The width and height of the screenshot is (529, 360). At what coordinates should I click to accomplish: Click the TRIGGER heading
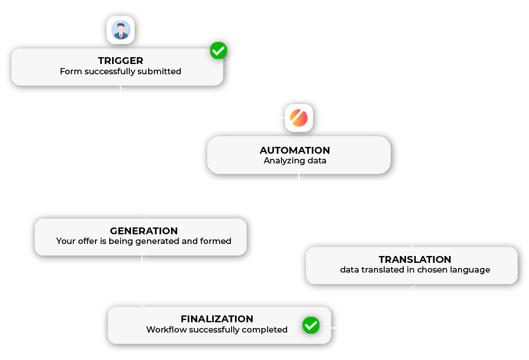click(121, 61)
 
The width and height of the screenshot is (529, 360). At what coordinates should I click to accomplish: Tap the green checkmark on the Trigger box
click(218, 50)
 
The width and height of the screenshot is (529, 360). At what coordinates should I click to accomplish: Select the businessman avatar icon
click(121, 30)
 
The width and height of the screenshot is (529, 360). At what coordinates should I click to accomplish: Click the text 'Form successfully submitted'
click(121, 71)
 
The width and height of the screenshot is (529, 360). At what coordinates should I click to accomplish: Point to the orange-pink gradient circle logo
click(299, 118)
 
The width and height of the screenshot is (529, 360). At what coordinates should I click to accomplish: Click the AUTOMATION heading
click(295, 150)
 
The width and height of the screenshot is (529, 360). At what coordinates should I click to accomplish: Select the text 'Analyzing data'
click(295, 161)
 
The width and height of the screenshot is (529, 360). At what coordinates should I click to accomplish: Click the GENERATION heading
click(144, 231)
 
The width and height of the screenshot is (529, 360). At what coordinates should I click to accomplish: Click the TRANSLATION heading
click(415, 259)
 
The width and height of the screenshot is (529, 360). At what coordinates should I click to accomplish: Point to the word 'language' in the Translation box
click(470, 270)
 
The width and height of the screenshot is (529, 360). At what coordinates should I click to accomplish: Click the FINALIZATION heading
click(217, 319)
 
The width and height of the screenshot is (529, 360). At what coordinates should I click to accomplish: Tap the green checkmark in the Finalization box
click(311, 325)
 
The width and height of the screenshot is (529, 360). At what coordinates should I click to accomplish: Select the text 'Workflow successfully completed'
click(217, 330)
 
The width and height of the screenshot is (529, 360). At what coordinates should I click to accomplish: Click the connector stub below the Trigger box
click(122, 91)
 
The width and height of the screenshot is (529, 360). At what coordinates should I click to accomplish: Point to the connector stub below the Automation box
click(301, 179)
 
